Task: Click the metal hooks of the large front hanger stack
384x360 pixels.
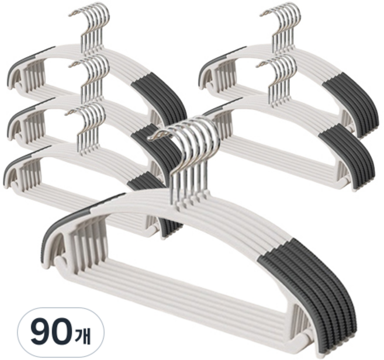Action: tap(186, 157)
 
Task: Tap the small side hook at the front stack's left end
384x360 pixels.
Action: tap(61, 265)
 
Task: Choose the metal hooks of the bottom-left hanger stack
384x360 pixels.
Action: tap(86, 127)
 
